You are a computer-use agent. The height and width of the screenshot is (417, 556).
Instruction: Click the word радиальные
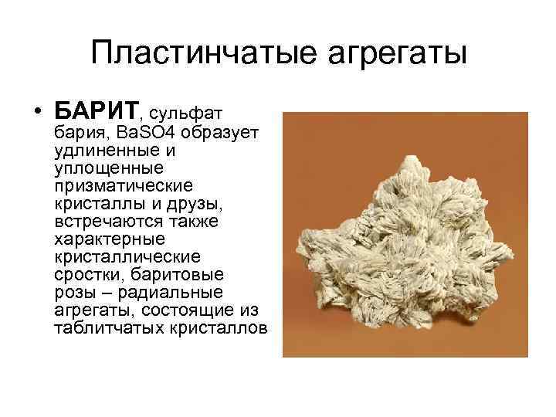click(178, 292)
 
